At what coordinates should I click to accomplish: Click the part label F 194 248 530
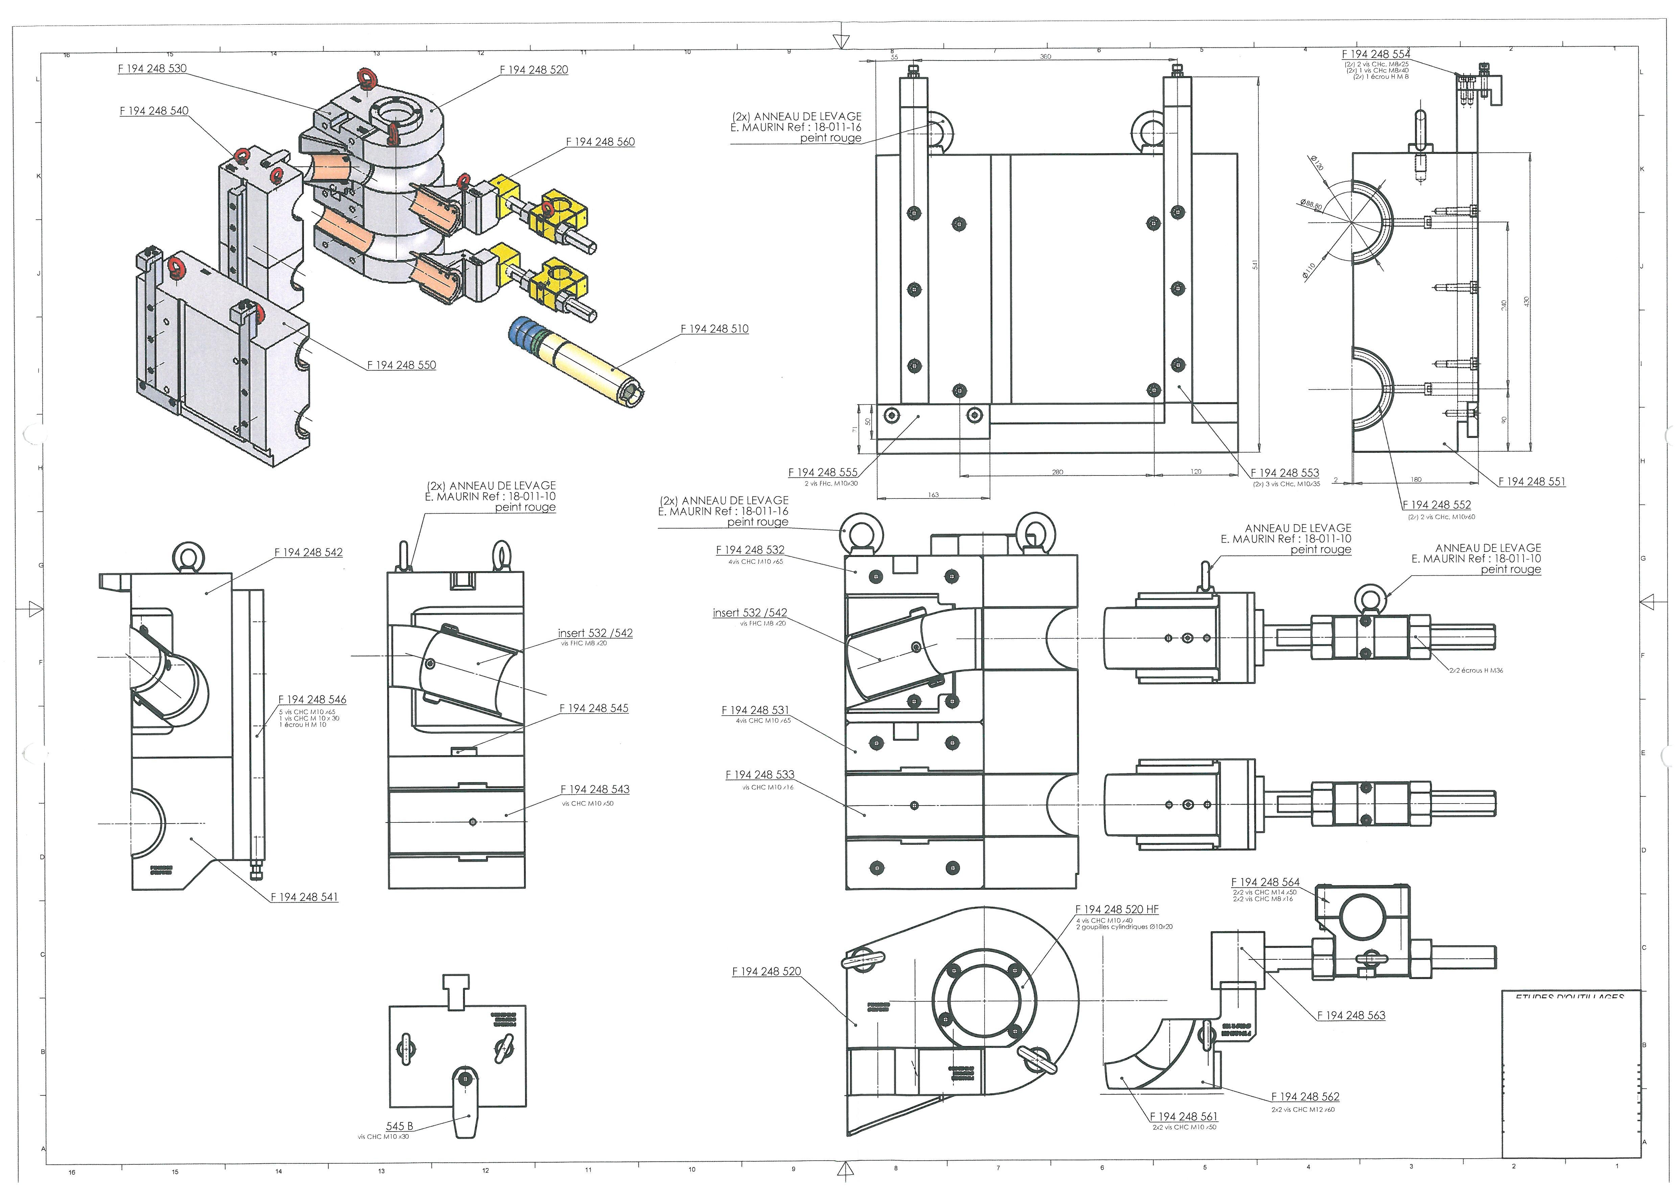pos(152,69)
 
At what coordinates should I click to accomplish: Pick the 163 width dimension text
pos(934,495)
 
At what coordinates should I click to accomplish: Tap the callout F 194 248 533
pos(760,774)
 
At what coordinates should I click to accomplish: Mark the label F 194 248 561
pos(1183,1117)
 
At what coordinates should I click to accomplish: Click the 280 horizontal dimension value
pos(1057,472)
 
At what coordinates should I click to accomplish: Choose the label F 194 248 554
pos(1375,54)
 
